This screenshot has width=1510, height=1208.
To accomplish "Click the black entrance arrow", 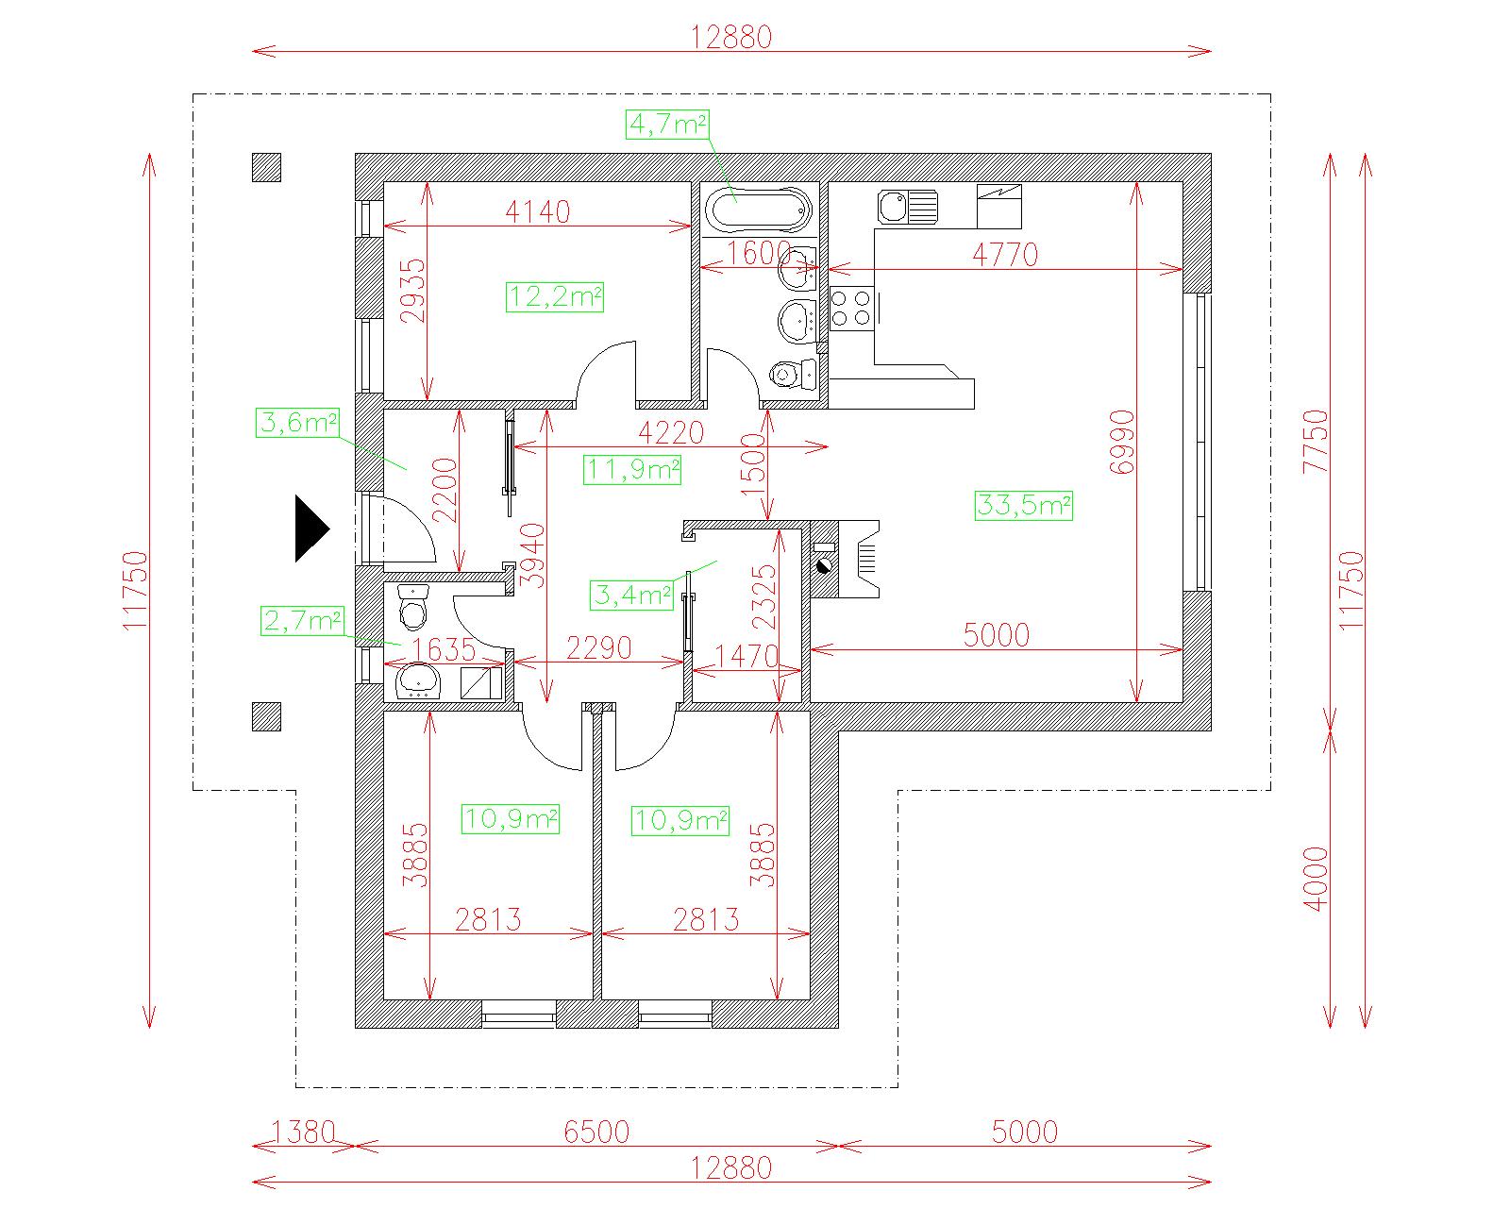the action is (x=310, y=528).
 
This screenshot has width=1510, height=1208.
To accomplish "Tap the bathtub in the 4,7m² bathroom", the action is (x=759, y=210).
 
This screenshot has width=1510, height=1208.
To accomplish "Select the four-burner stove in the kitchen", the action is (x=850, y=309).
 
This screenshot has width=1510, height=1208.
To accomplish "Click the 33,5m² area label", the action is (x=1024, y=506).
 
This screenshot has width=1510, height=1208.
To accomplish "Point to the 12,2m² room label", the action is (x=554, y=297).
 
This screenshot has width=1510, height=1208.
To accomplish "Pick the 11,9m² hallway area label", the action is (x=632, y=470).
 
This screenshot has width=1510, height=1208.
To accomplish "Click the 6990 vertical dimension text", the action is (x=1122, y=443).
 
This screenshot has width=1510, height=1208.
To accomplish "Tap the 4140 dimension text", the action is (x=538, y=212).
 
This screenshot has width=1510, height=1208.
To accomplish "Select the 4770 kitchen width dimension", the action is (x=1005, y=255).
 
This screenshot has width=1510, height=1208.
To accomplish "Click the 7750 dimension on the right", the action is (x=1316, y=442).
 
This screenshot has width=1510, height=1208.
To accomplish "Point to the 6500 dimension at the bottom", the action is (x=596, y=1132).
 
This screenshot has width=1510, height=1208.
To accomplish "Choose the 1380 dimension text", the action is (x=303, y=1132).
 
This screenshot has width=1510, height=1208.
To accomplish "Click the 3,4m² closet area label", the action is (x=631, y=596).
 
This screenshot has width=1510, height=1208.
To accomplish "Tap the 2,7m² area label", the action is (x=302, y=620).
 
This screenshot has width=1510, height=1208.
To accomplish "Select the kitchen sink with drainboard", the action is (x=907, y=207).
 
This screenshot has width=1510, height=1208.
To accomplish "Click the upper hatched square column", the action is (x=267, y=168).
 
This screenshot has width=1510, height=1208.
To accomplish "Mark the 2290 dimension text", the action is (x=598, y=648).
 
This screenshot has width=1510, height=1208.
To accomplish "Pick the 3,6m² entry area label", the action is (x=297, y=423).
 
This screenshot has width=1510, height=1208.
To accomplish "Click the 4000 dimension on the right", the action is (x=1316, y=879).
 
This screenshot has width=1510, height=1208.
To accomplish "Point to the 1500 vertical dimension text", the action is (x=752, y=464).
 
